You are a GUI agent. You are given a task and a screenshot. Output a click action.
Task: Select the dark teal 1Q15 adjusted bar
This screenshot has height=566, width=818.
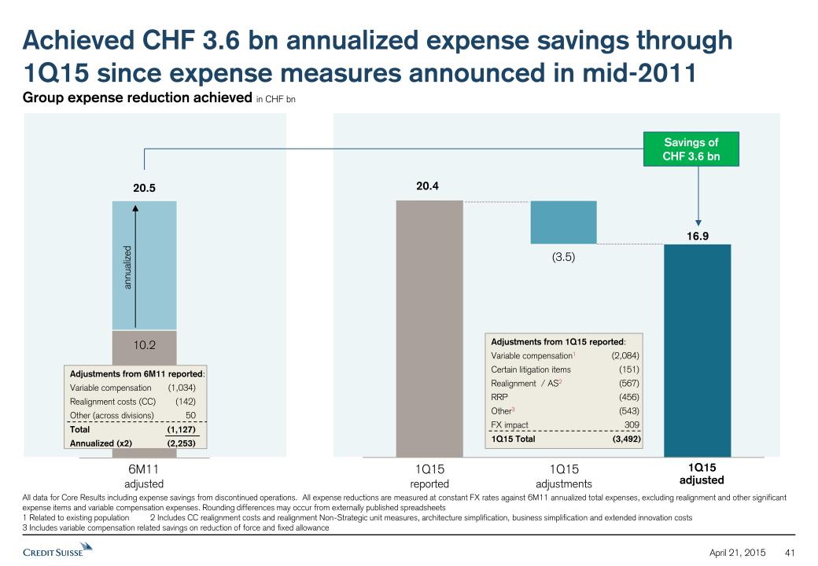click(x=698, y=351)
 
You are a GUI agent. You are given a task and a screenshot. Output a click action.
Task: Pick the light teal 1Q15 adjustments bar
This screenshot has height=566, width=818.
click(x=564, y=222)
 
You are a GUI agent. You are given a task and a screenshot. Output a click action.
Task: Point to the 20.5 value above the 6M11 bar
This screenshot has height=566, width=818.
click(x=144, y=189)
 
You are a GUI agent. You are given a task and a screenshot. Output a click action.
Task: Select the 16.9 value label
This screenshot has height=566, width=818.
click(x=698, y=233)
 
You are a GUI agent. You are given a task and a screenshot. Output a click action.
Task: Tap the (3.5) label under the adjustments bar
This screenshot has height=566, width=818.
click(x=564, y=256)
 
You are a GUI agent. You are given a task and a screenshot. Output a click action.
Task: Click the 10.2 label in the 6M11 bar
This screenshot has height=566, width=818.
click(x=144, y=344)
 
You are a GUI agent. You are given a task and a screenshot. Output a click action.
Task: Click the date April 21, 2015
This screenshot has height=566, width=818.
click(x=739, y=551)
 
